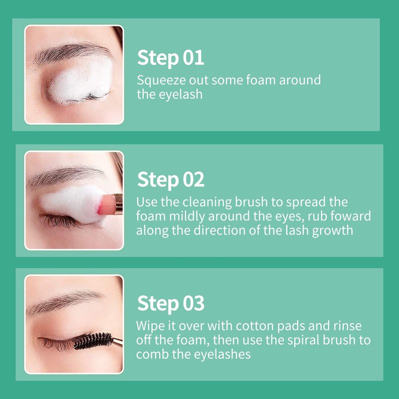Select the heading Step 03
[171, 304]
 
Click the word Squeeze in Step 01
[161, 81]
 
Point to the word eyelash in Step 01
[181, 95]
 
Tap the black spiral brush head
[93, 341]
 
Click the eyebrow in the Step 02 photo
[66, 176]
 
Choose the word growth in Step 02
[333, 231]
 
